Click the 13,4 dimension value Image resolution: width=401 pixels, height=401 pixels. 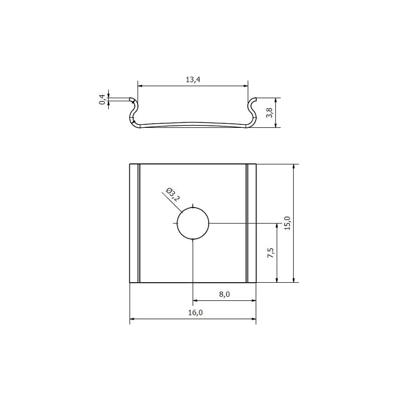[193, 80]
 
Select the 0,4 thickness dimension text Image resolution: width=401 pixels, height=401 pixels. [102, 99]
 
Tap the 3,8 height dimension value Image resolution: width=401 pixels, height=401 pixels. [270, 112]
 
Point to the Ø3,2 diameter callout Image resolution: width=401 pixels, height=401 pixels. [173, 194]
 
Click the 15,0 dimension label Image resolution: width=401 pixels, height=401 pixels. [287, 223]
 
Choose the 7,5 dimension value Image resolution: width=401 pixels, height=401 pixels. [271, 253]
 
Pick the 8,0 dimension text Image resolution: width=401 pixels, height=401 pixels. [224, 294]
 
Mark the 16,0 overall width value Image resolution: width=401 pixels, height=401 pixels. [195, 312]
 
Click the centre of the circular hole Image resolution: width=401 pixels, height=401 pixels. [193, 223]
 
